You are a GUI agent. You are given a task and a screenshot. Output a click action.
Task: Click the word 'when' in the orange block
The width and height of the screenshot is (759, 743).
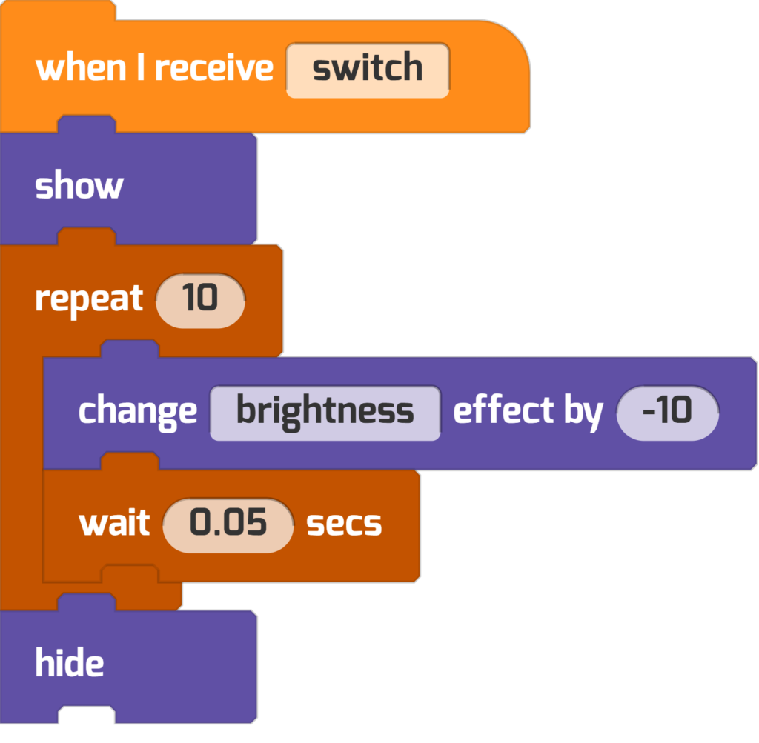pos(81,67)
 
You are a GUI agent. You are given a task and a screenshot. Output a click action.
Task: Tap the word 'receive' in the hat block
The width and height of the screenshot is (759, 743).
pos(214,67)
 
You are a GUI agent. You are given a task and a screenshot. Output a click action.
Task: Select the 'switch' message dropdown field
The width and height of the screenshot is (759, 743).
pos(368,70)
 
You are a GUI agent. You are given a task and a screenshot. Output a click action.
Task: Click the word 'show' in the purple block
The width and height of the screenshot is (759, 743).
pos(79,185)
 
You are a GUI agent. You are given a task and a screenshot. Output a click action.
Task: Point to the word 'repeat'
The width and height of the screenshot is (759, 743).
pos(89,300)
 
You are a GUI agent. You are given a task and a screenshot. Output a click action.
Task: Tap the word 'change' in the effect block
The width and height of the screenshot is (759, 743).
pos(137,412)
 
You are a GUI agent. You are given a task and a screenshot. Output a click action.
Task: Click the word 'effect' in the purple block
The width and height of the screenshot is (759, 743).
pos(503,409)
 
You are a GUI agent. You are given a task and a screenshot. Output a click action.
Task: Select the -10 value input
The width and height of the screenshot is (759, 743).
pos(668,413)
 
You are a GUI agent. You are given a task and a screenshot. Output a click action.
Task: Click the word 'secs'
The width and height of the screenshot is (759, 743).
pos(344,524)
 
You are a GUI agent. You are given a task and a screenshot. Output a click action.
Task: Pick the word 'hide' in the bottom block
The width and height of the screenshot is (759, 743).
pos(69,662)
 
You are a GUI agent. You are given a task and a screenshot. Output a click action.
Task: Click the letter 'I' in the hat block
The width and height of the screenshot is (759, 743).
pos(141,67)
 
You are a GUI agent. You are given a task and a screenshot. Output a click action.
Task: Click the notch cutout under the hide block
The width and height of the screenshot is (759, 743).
pos(87,715)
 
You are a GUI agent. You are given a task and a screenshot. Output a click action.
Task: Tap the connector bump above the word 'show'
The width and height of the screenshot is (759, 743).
pos(87,124)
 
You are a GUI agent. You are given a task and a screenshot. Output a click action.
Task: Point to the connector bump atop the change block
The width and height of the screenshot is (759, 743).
pos(130,348)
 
